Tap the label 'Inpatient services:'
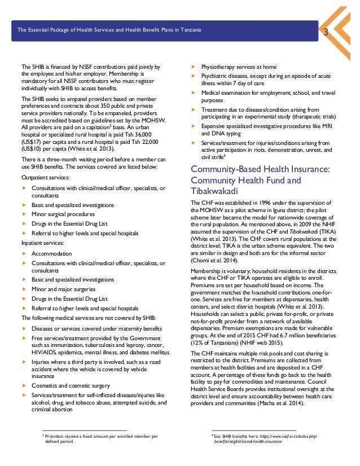[x=43, y=243]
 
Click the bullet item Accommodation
[x=51, y=253]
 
